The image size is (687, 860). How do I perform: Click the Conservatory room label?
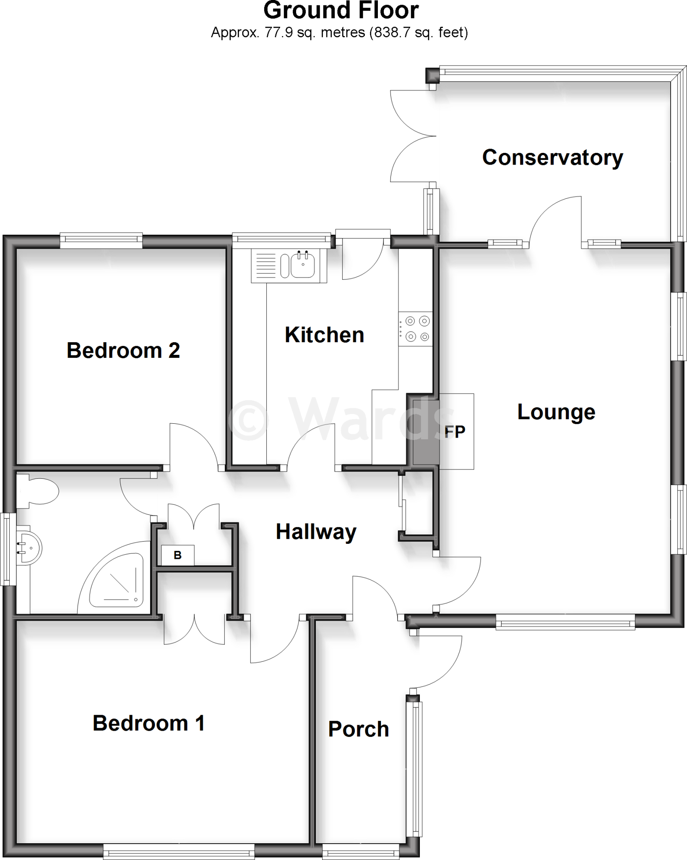click(552, 157)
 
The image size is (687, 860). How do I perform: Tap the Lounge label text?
click(556, 412)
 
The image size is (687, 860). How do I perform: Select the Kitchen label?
click(324, 335)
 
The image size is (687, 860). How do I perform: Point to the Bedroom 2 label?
click(123, 350)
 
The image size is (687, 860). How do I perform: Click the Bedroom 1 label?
click(148, 723)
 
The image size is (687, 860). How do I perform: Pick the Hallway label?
click(316, 532)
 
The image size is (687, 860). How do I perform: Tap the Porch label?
click(359, 729)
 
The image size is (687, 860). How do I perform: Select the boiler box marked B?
click(178, 555)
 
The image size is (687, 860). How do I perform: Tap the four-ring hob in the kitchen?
click(415, 329)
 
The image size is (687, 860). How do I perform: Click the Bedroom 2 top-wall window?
click(101, 239)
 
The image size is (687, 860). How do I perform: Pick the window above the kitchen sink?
click(281, 239)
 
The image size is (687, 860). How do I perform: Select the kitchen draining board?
click(265, 265)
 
